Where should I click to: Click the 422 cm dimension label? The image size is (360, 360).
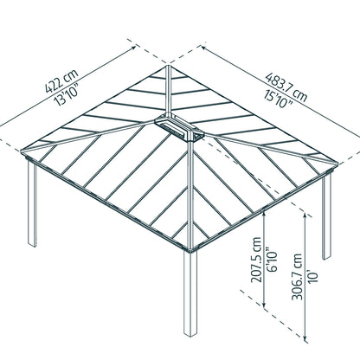(61, 80)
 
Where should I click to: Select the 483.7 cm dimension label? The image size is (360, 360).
(286, 87)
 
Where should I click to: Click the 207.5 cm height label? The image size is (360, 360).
(256, 260)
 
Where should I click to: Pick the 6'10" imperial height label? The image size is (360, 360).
(272, 259)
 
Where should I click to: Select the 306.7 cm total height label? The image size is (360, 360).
(297, 277)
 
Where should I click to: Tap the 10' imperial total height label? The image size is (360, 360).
(312, 276)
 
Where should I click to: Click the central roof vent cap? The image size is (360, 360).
(179, 127)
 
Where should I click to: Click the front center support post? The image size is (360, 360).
(190, 293)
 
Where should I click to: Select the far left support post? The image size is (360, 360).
(32, 203)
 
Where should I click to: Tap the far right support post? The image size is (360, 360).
(326, 215)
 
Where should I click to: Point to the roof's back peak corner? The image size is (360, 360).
(169, 66)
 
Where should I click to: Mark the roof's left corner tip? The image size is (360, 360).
(22, 151)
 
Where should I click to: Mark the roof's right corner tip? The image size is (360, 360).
(337, 164)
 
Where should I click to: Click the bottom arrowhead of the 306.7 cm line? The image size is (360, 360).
(305, 340)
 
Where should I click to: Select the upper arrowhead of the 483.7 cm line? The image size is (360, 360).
(204, 48)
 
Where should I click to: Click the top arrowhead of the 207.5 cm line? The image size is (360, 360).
(264, 214)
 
